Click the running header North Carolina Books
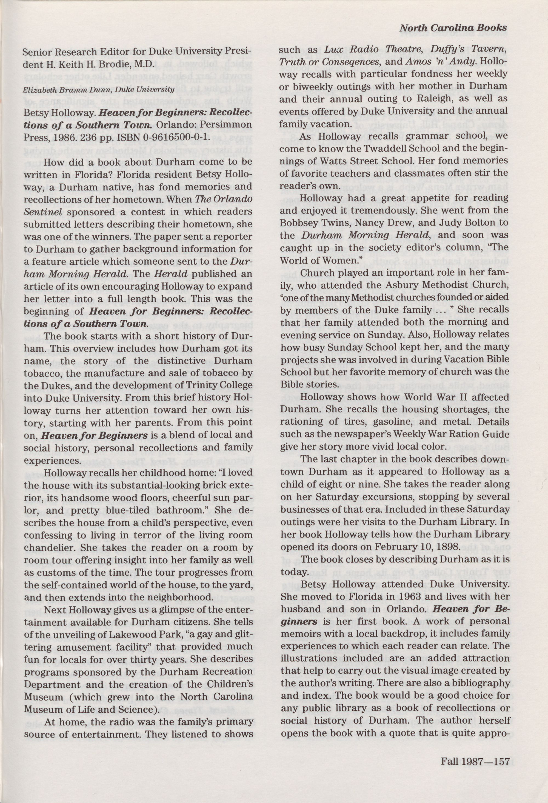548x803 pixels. tap(453, 28)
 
